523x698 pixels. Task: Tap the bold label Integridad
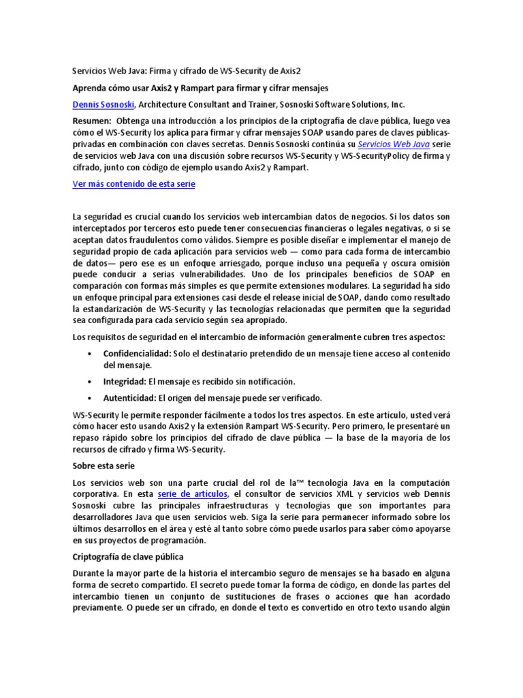point(124,381)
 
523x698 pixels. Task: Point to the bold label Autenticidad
point(129,397)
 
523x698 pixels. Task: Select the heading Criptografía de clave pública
point(124,556)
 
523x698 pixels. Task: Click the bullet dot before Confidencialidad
point(91,354)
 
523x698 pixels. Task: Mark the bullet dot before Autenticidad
point(91,398)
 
